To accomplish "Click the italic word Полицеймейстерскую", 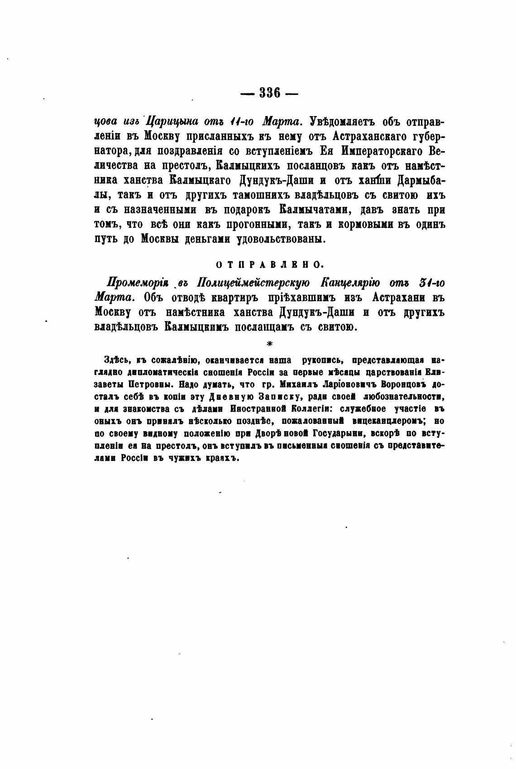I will coord(253,283).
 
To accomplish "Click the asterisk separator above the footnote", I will coord(270,344).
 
